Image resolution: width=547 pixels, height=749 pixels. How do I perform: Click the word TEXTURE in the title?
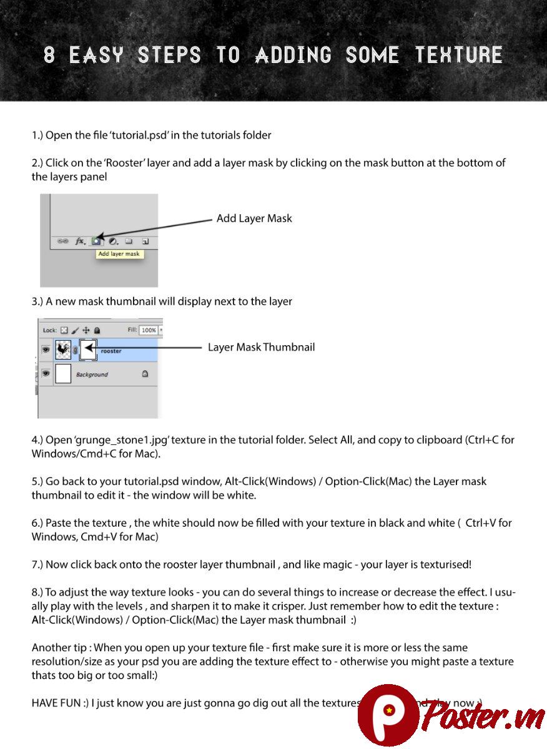tap(459, 56)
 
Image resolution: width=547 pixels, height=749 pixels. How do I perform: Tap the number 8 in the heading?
tap(50, 56)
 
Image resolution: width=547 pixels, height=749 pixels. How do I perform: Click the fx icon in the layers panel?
tap(80, 241)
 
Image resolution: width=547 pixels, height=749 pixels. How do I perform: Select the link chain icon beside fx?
tap(63, 241)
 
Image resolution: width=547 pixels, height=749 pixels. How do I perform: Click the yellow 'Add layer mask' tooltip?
tap(119, 254)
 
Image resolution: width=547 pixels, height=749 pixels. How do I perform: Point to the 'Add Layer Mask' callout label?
tap(254, 218)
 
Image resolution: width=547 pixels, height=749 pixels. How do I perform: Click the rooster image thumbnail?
tap(63, 350)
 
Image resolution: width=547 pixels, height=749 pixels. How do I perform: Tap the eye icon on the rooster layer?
tap(46, 350)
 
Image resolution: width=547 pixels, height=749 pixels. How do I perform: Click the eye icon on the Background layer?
tap(46, 373)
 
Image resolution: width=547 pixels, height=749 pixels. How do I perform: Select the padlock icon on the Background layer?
tap(145, 374)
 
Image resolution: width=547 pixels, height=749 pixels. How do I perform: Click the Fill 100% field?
tap(149, 330)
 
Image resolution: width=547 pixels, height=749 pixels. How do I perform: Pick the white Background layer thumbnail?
tap(63, 374)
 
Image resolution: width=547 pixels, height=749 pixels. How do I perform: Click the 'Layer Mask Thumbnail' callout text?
tap(261, 347)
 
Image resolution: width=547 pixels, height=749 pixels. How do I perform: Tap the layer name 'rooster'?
tap(111, 351)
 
